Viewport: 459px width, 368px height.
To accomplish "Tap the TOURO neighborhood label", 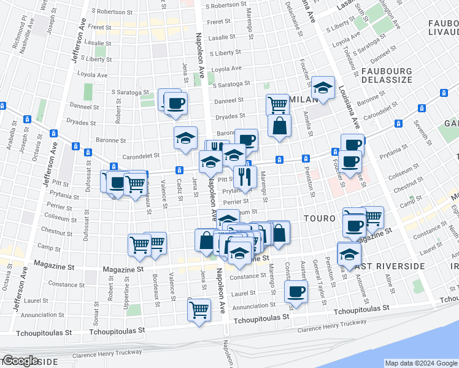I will point(319,218).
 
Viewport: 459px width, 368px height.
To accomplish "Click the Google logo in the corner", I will point(20,361).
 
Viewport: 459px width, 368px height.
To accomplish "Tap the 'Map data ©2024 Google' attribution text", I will point(421,363).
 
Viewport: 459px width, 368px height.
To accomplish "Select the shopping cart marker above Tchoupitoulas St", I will point(199,309).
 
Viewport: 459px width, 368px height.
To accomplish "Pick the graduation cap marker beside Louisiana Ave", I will point(322,87).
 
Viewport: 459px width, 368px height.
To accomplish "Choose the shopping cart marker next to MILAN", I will point(278,104).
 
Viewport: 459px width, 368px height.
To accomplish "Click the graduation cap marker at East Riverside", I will point(349,253).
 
